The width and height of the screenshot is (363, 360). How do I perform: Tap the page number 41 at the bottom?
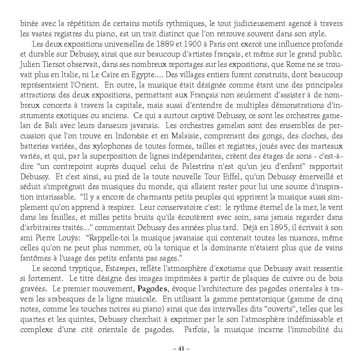[x=181, y=349]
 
